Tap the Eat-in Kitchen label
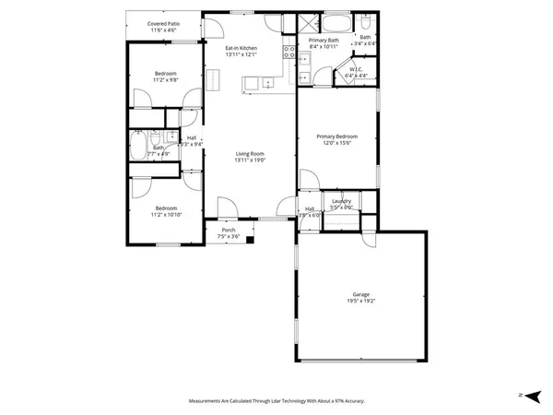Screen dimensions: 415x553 pos(241,48)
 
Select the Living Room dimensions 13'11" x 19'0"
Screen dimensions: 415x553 pos(250,160)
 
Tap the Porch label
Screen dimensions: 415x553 pos(228,230)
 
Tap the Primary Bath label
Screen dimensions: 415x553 pos(324,41)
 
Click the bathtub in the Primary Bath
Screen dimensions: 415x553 pos(335,23)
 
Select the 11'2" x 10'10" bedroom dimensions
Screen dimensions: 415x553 pos(166,214)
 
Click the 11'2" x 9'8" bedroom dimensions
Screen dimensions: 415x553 pos(166,78)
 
